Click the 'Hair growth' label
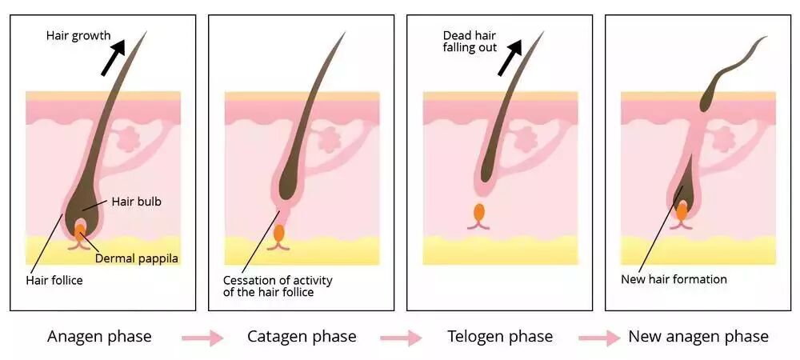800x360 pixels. tap(78, 36)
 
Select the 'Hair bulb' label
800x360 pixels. tap(136, 202)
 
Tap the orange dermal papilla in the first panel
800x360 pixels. tap(80, 232)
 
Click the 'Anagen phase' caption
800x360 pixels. tap(99, 336)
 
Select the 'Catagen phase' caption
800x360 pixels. tap(302, 336)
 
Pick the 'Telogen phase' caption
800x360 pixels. tap(500, 336)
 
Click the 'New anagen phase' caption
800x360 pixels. tap(698, 336)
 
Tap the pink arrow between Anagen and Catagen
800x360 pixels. tap(202, 338)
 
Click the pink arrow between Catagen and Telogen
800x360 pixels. tap(401, 338)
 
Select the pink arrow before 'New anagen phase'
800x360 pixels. tap(599, 338)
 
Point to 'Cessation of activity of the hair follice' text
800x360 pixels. tap(278, 286)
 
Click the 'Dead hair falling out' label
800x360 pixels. tap(470, 42)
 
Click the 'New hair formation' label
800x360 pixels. tap(674, 279)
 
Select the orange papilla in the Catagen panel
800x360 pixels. tap(278, 234)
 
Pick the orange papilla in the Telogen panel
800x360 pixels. tap(478, 213)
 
